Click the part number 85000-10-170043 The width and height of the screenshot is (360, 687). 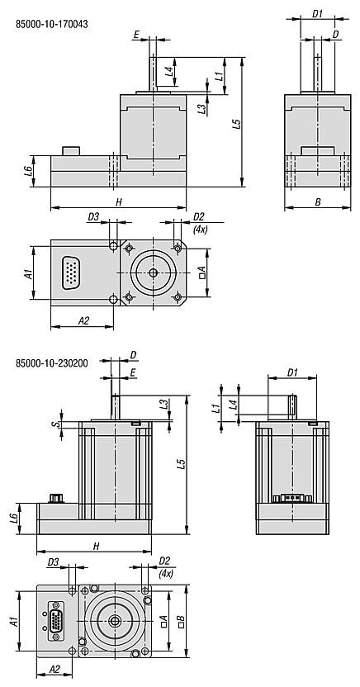tap(52, 24)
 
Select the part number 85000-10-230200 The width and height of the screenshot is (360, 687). tap(52, 362)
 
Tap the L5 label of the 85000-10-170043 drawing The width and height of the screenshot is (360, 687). tap(236, 124)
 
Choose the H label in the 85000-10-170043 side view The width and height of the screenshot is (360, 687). tap(118, 201)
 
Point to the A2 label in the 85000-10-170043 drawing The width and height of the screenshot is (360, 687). tap(83, 319)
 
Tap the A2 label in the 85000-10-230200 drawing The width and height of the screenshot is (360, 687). tap(54, 669)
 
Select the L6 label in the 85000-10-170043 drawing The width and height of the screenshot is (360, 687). tap(28, 170)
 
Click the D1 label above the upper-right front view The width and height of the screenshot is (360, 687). tap(317, 12)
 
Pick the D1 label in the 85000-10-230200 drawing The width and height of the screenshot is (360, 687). tap(291, 372)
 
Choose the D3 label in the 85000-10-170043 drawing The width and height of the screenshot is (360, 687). tap(93, 216)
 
